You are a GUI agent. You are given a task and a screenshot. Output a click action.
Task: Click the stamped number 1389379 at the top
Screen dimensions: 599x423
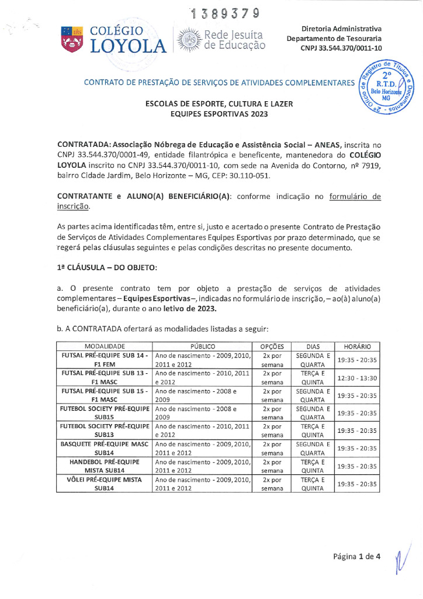224,13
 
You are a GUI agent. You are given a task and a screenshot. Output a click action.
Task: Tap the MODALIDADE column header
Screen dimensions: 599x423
105,346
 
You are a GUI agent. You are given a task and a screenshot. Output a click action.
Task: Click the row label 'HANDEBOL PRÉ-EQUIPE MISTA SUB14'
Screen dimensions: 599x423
105,466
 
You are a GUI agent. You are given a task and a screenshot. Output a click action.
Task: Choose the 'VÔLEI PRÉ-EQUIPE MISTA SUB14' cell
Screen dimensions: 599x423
105,483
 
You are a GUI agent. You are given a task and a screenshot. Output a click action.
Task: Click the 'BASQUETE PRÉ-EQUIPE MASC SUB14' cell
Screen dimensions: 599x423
105,448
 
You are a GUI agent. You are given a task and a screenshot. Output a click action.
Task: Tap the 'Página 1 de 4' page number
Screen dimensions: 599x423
357,556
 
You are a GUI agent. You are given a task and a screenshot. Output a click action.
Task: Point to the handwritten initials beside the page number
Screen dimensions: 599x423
398,556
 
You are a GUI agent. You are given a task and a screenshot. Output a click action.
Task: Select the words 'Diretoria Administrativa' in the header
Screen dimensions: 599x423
341,29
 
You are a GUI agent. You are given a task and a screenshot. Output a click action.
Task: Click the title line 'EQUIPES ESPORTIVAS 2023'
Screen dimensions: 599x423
219,114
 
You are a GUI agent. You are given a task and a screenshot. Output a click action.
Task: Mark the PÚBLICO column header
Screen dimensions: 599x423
202,346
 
